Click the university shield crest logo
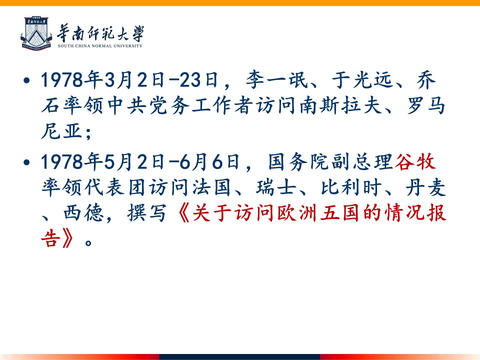36,33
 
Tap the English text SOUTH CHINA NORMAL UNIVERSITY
100,46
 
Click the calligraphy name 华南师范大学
100,33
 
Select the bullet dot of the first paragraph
27,80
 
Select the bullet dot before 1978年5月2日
27,162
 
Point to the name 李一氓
276,80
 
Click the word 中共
127,106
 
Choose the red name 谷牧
415,161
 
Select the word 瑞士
276,187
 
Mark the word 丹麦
425,187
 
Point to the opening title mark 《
183,213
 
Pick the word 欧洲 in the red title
297,213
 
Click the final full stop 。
88,242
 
